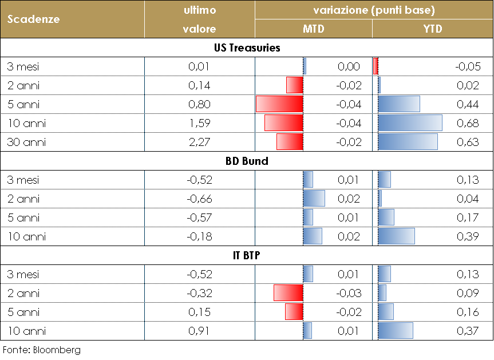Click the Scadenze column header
[x=34, y=19]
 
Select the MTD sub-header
[x=313, y=29]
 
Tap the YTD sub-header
[x=433, y=29]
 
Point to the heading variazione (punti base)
[x=374, y=10]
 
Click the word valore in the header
[x=199, y=29]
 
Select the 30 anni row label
[x=26, y=142]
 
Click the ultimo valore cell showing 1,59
[x=199, y=123]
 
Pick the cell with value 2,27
[x=199, y=142]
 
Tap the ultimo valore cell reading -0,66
[x=199, y=199]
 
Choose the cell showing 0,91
[x=199, y=331]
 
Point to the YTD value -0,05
[x=467, y=66]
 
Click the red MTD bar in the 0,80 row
[x=279, y=104]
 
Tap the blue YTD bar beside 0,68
[x=410, y=123]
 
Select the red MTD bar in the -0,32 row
[x=288, y=293]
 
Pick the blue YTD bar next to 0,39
[x=396, y=236]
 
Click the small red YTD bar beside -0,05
[x=376, y=66]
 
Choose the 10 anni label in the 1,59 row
[x=26, y=123]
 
